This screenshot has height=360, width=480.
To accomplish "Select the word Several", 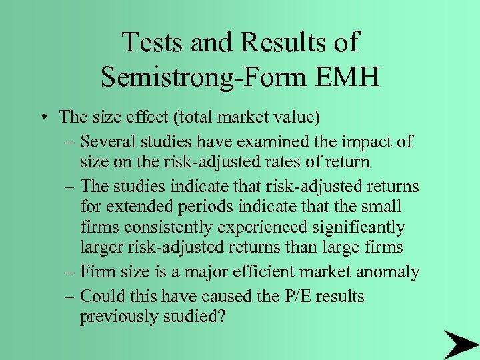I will coord(109,142).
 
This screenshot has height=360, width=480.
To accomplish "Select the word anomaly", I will coord(388,272).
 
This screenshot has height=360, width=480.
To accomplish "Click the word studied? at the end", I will coord(199,316).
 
